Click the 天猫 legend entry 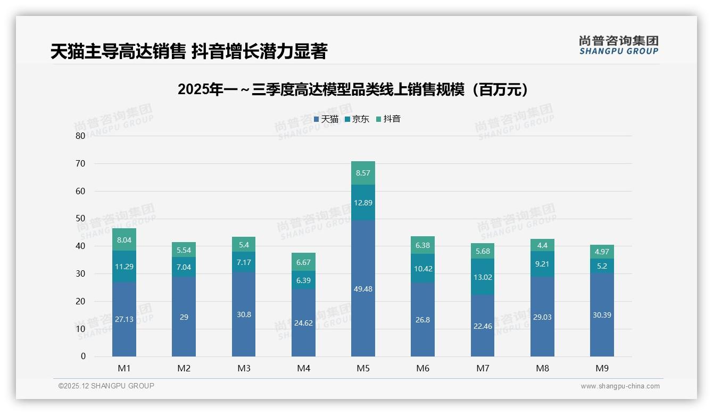[x=326, y=119]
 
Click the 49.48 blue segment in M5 [x=363, y=288]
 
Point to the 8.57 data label [x=363, y=173]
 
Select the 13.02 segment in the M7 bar [x=483, y=277]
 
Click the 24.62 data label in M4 [x=303, y=322]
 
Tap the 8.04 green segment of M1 [x=124, y=240]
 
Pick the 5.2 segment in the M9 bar [x=602, y=266]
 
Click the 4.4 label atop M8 [x=542, y=245]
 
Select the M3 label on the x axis [x=244, y=368]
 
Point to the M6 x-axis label [x=423, y=368]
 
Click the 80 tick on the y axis [x=80, y=136]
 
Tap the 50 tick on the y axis [x=80, y=219]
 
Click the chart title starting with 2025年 [x=355, y=89]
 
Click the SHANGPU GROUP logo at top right [x=618, y=45]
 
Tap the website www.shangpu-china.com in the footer [x=620, y=386]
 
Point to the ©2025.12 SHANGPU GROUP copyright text [x=106, y=386]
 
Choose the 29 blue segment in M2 [x=184, y=317]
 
